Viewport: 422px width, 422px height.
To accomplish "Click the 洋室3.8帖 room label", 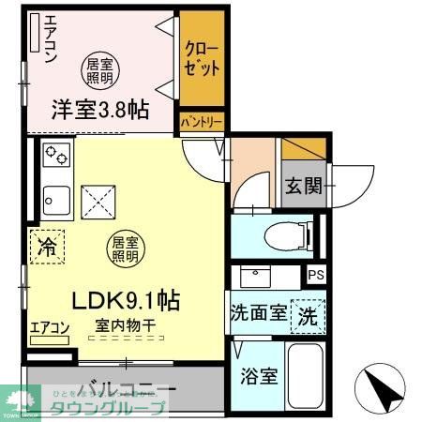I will coord(100,110).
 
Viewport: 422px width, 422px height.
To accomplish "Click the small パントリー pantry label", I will coord(202,123).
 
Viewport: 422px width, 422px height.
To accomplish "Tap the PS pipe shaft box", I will coord(316,275).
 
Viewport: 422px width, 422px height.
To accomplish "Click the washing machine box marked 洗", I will coord(308,315).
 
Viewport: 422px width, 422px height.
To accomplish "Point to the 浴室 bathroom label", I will coord(258,377).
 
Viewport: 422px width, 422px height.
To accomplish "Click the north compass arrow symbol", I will coord(381,387).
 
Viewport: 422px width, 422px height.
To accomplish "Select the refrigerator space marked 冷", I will coord(45,248).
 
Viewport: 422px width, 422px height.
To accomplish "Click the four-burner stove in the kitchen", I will coord(56,155).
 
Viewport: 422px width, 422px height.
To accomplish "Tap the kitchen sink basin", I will coord(55,200).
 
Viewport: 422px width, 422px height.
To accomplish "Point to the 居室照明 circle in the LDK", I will coord(125,247).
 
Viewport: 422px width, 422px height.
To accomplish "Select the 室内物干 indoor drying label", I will coord(124,325).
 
